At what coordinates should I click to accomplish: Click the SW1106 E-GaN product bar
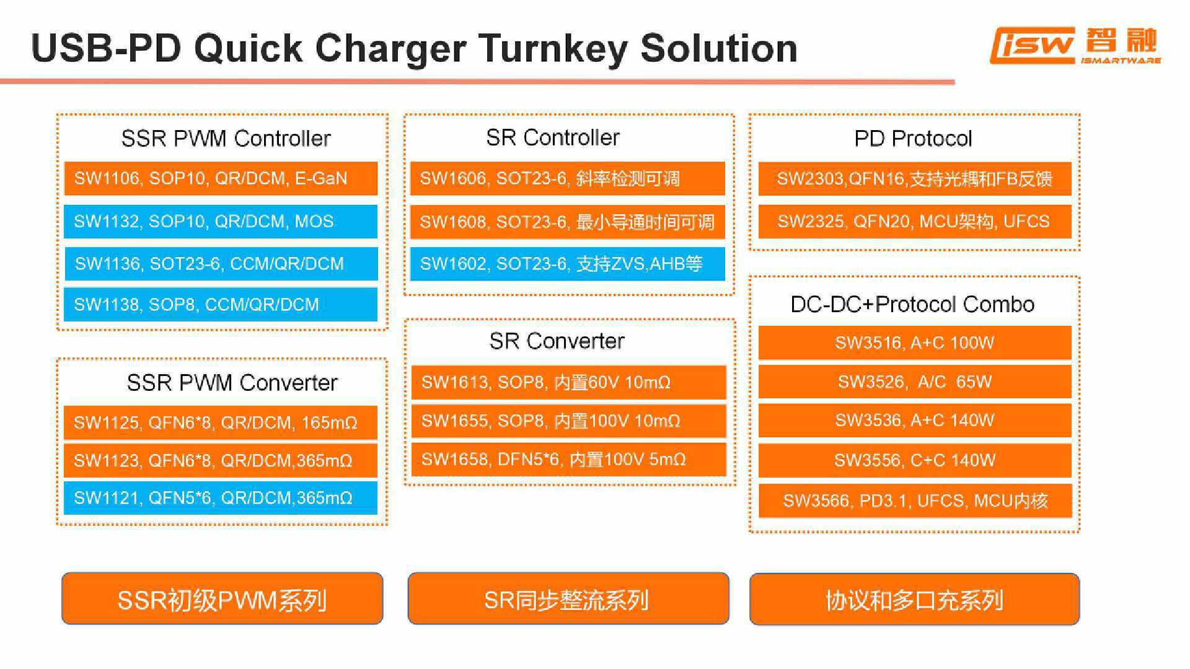click(x=220, y=178)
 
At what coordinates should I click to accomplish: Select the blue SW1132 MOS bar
click(x=220, y=221)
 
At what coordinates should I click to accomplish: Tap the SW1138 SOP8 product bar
click(x=220, y=305)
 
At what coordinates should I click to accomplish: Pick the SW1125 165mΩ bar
click(x=220, y=422)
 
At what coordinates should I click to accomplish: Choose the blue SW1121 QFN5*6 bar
click(x=220, y=498)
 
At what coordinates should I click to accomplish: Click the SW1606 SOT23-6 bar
click(x=567, y=178)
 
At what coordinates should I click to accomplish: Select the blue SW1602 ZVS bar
click(x=567, y=264)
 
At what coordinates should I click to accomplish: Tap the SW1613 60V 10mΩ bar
click(x=568, y=382)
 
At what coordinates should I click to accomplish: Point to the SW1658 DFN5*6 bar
click(x=568, y=459)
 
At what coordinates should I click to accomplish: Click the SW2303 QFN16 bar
click(x=915, y=178)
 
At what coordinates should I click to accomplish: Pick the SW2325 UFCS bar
click(x=915, y=221)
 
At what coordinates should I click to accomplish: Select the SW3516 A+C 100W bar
click(x=915, y=343)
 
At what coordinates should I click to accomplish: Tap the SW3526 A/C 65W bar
click(x=915, y=382)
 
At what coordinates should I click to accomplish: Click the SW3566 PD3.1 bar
click(x=915, y=501)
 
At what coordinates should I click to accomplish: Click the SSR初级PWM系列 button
click(x=222, y=599)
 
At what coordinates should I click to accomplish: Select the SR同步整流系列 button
click(x=568, y=599)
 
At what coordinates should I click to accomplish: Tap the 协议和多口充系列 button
click(x=914, y=599)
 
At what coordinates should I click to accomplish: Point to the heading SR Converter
click(x=557, y=341)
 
